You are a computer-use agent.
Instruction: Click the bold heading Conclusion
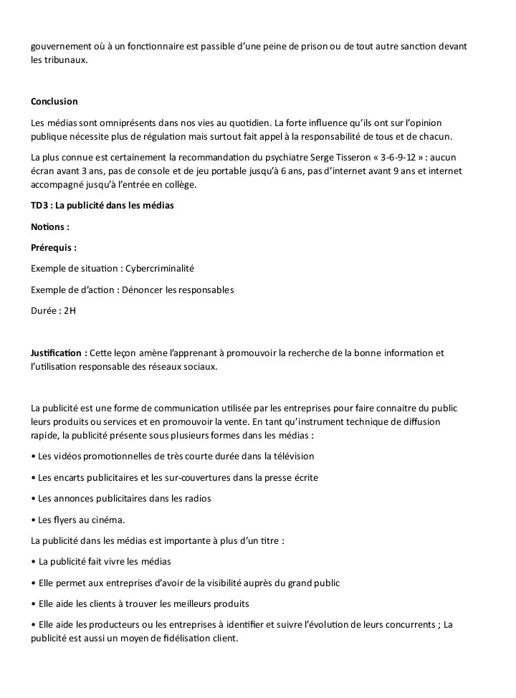pyautogui.click(x=54, y=102)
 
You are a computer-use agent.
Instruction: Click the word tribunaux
pyautogui.click(x=66, y=60)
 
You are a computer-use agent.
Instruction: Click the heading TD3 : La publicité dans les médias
pyautogui.click(x=102, y=206)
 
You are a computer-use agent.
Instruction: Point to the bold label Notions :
pyautogui.click(x=50, y=226)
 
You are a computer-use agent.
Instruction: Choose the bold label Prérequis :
pyautogui.click(x=54, y=247)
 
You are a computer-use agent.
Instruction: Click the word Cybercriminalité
pyautogui.click(x=160, y=268)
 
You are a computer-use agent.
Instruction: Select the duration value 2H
pyautogui.click(x=70, y=311)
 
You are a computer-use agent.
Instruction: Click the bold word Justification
pyautogui.click(x=57, y=353)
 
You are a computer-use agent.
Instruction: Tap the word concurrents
pyautogui.click(x=408, y=624)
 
